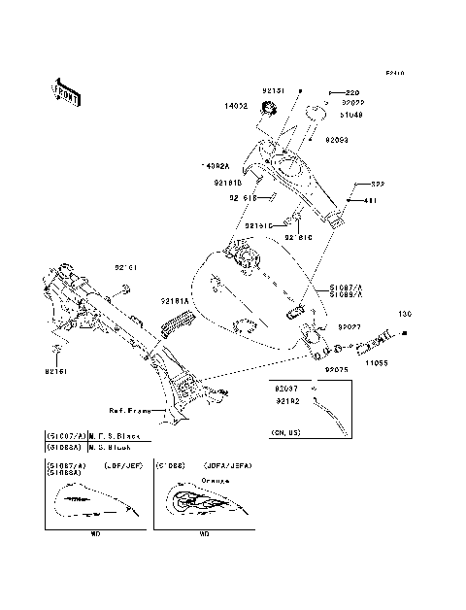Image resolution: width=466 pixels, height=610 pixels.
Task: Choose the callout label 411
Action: click(370, 200)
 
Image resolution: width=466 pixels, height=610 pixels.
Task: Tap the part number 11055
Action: click(377, 360)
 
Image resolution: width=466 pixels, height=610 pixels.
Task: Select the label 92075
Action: click(336, 370)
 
